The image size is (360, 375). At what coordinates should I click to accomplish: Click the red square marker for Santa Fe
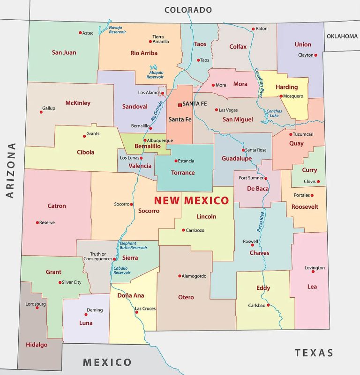point(180,105)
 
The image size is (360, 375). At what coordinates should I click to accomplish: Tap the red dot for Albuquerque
point(145,140)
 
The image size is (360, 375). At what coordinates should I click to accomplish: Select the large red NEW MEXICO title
point(192,201)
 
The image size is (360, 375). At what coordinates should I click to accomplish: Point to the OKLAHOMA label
point(342,36)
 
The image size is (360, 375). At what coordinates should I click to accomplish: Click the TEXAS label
point(314,353)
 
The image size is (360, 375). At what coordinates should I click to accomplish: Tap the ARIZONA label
point(11,170)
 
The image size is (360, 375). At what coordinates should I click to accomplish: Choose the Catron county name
point(57,206)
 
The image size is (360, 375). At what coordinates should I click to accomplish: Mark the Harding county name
point(286,87)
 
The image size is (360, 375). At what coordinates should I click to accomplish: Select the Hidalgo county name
point(36,345)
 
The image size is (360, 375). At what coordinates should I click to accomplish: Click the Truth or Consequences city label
point(98,257)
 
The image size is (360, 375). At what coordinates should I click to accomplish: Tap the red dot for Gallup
point(41,112)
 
